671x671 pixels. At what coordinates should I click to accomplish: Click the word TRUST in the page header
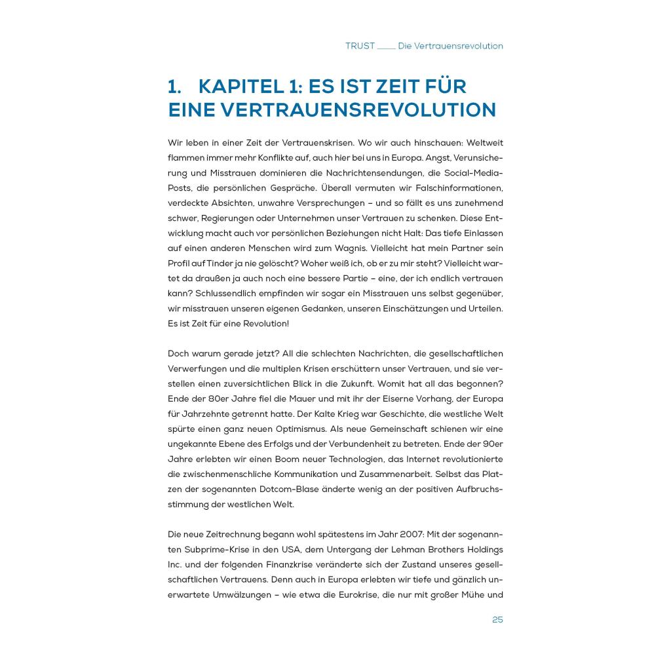[360, 47]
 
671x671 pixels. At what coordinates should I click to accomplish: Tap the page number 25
[497, 620]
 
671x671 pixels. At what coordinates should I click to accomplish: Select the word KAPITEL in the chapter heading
[242, 87]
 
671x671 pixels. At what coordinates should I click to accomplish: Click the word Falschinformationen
[458, 188]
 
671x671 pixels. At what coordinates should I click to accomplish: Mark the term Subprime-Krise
[212, 550]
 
